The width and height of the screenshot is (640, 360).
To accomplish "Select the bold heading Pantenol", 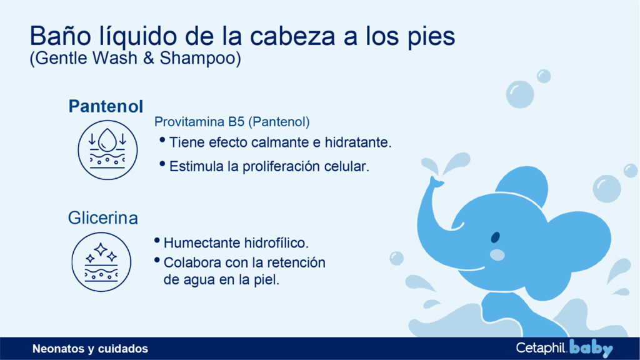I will click(106, 106).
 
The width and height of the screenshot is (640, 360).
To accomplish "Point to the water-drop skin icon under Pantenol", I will click(107, 150).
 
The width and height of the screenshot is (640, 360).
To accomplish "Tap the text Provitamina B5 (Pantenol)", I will click(232, 121).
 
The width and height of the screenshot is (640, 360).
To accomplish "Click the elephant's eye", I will click(495, 238).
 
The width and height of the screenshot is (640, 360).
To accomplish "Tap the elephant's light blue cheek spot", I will click(497, 254).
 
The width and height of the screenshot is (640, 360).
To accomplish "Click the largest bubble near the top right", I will click(520, 94).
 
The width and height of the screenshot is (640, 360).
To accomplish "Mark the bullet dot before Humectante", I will click(157, 241).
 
